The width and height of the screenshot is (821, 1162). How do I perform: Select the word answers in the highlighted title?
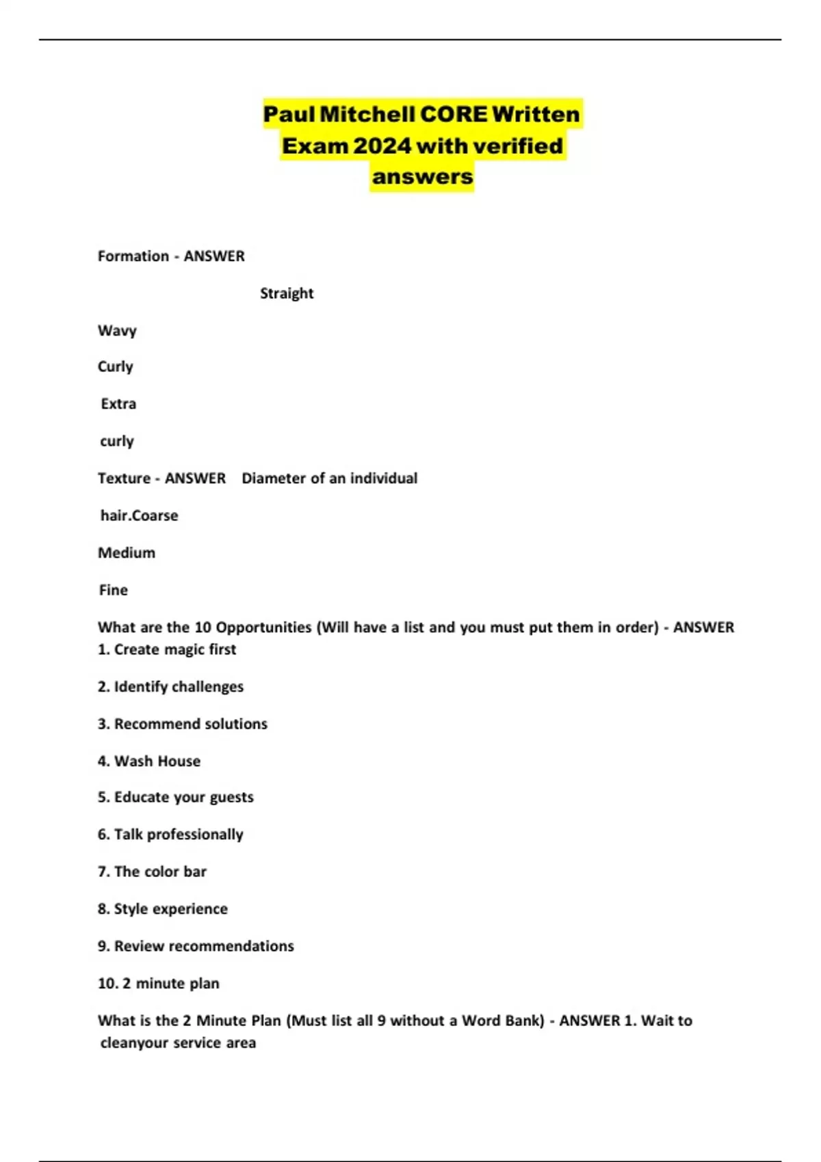coord(422,177)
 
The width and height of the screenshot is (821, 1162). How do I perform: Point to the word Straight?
coord(287,293)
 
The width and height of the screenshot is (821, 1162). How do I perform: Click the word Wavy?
coord(117,331)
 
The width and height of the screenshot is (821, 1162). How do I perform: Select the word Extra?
coord(118,404)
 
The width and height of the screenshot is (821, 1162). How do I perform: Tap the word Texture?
coord(124,478)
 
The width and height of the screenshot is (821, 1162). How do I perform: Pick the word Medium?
coord(127,553)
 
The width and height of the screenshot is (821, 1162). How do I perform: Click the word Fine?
coord(113,590)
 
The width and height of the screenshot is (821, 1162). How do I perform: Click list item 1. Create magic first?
coord(167,649)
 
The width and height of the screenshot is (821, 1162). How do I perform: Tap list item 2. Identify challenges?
coord(170,686)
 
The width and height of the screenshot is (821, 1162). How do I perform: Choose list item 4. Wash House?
coord(149,761)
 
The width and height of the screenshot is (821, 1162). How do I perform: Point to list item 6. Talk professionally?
coord(170,835)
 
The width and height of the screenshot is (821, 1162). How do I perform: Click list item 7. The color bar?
coord(152,871)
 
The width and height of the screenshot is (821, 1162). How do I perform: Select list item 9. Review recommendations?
coord(196,946)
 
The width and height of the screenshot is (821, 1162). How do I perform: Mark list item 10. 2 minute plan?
coord(159,984)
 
